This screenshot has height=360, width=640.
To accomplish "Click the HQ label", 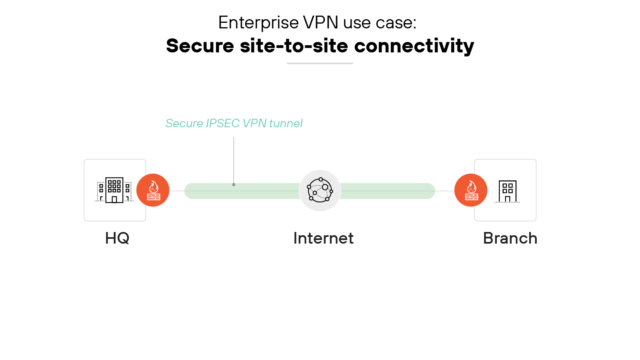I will pos(117,238).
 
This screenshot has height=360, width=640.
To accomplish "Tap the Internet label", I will pos(323,238).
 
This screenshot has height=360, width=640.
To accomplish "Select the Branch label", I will pos(510,238).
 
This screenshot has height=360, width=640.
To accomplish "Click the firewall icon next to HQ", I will pos(153,190).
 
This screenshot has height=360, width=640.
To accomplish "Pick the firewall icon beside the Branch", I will pos(471,190).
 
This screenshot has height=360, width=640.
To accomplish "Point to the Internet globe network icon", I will pos(320,190).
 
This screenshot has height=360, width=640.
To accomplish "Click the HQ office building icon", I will pos(114,190).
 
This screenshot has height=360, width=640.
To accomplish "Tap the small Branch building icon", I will pos(507,191).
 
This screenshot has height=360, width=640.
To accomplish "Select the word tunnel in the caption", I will pos(286,123).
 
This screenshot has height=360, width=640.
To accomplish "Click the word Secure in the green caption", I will pos(184,123).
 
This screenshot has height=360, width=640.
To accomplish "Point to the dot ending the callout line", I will pos(234,185).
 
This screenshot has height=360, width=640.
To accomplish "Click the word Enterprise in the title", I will pos(258,23).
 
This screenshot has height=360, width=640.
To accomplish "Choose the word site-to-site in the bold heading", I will pos(294,46).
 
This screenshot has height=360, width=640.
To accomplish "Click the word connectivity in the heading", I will pos(414,46).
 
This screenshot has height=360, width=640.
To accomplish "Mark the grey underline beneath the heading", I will pos(320,63).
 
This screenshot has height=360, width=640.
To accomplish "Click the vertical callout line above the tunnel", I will pos(234,160).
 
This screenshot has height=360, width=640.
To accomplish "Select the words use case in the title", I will pos(380,23).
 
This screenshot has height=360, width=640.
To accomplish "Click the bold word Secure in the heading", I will pos(200,46).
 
